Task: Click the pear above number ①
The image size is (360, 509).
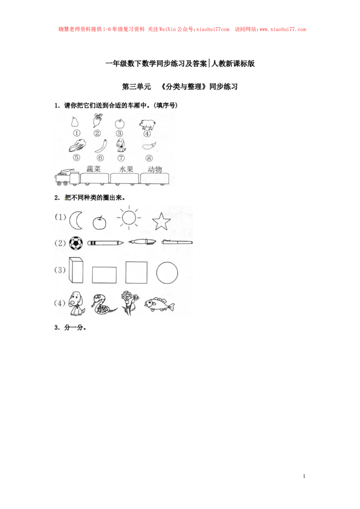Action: click(x=75, y=122)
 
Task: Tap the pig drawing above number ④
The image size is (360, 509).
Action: click(x=147, y=124)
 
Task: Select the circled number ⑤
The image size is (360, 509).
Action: click(x=76, y=158)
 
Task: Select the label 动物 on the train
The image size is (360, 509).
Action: click(x=154, y=170)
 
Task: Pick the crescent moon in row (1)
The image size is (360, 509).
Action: click(x=76, y=220)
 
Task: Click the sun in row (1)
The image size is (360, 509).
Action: click(x=129, y=218)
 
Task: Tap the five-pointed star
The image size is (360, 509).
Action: click(x=161, y=221)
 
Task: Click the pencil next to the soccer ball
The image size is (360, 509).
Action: click(x=105, y=243)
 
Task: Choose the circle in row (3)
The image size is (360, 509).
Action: click(x=167, y=272)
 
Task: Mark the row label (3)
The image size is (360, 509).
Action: click(x=60, y=270)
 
